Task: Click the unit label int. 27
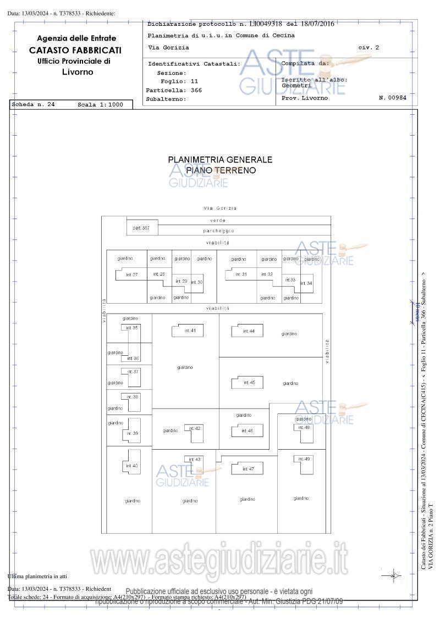tap(132, 274)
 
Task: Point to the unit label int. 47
tap(248, 469)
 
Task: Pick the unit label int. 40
tap(132, 466)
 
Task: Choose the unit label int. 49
tap(304, 458)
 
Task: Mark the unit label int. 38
tap(133, 396)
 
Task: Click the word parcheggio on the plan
tap(218, 231)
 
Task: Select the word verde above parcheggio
tap(218, 220)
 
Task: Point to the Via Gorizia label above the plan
tap(220, 208)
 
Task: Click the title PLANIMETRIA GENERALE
tap(220, 160)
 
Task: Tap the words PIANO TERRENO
tap(221, 170)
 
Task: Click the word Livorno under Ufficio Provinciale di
tap(78, 72)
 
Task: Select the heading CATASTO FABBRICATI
tap(75, 50)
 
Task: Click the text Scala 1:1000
tap(100, 104)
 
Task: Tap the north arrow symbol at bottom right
tap(394, 575)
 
